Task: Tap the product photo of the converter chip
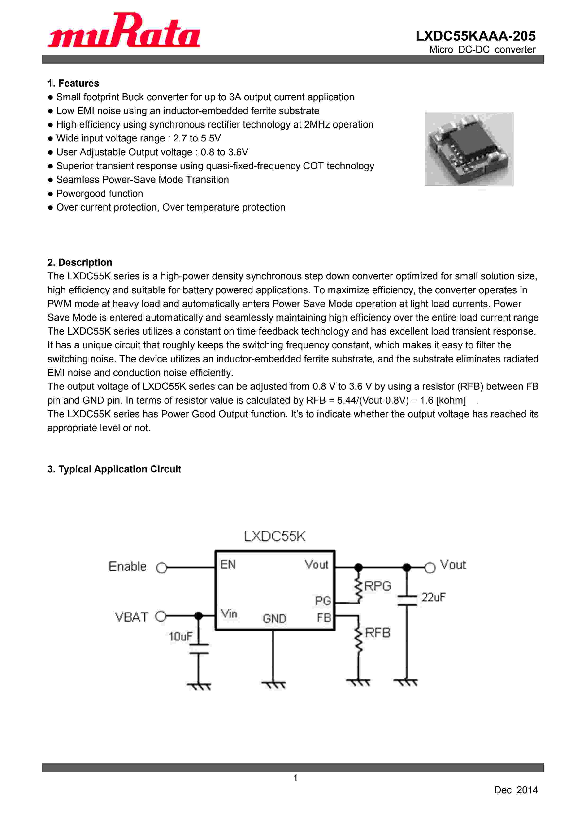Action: click(469, 149)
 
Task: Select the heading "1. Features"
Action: click(73, 84)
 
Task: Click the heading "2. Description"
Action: click(80, 262)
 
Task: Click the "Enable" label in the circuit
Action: click(127, 567)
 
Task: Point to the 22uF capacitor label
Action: click(433, 598)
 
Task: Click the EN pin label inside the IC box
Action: click(228, 564)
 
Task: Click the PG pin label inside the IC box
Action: click(323, 601)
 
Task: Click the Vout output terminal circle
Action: click(430, 568)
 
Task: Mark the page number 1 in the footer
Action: click(295, 778)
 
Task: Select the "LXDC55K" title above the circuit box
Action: click(275, 537)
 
